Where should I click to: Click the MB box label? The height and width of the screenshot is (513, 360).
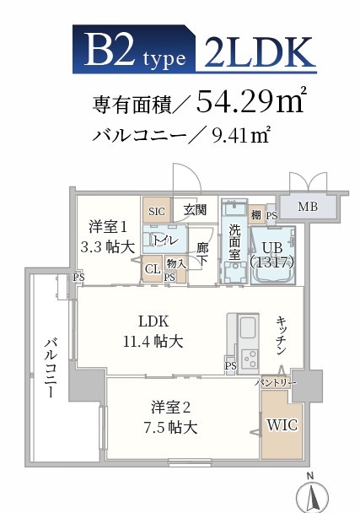click(x=308, y=206)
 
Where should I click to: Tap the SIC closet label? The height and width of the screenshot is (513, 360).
click(x=156, y=210)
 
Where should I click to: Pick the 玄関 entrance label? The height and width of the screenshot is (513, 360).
click(x=195, y=209)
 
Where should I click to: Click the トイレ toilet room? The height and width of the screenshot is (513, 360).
click(x=164, y=239)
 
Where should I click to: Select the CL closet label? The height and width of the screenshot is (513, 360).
click(x=152, y=270)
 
